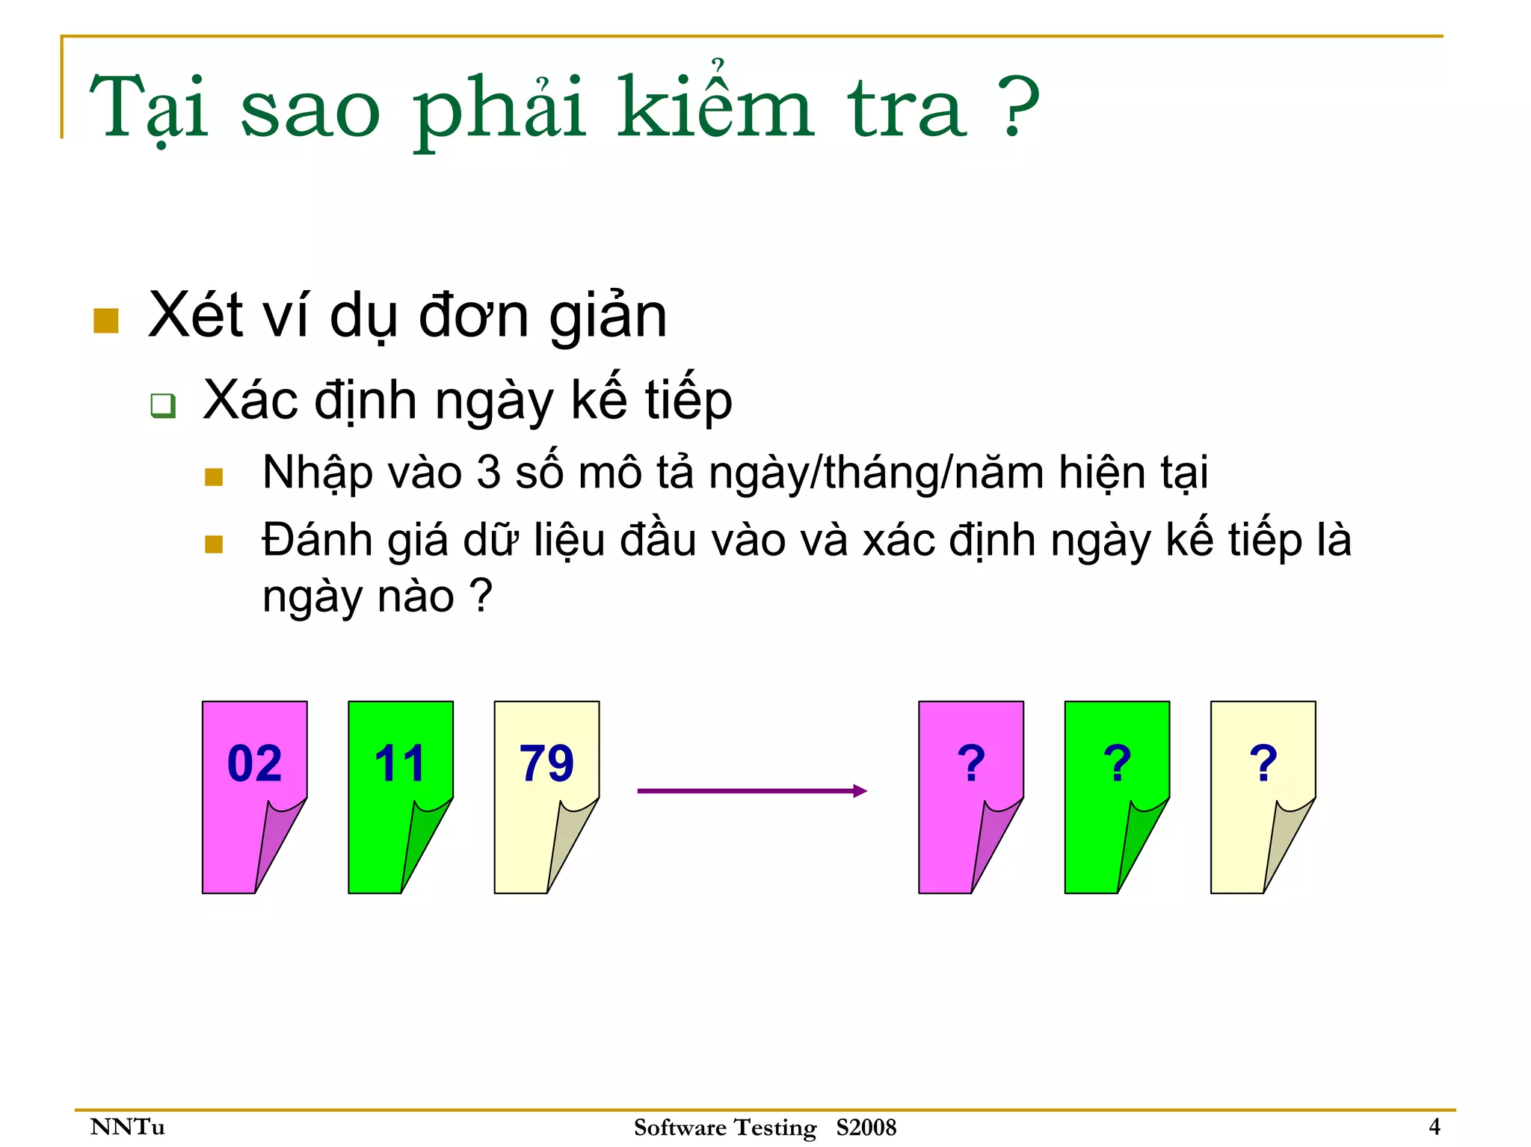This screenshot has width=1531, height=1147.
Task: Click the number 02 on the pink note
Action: pyautogui.click(x=254, y=763)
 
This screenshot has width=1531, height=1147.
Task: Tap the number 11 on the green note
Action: pyautogui.click(x=400, y=763)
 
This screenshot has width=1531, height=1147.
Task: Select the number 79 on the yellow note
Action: pyautogui.click(x=546, y=763)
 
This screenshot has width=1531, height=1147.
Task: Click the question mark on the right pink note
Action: pyautogui.click(x=971, y=763)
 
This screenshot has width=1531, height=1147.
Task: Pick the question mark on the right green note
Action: pyautogui.click(x=1117, y=763)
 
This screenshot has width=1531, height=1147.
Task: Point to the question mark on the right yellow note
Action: pyautogui.click(x=1263, y=763)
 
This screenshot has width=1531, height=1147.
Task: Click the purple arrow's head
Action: pyautogui.click(x=860, y=790)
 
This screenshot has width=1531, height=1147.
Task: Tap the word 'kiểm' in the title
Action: pyautogui.click(x=714, y=108)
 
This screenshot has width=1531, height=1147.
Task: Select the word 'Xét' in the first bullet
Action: pyautogui.click(x=196, y=316)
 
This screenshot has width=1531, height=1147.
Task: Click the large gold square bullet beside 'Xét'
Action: pyautogui.click(x=106, y=321)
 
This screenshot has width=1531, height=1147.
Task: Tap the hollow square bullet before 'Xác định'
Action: pyautogui.click(x=163, y=406)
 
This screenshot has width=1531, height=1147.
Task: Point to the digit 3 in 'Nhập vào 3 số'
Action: pyautogui.click(x=488, y=473)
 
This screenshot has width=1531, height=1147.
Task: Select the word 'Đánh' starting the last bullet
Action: pyautogui.click(x=317, y=540)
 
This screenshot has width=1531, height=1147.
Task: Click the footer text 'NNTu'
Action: pyautogui.click(x=127, y=1126)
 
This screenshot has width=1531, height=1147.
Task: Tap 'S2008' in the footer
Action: pyautogui.click(x=866, y=1127)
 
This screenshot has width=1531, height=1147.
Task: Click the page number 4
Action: pyautogui.click(x=1434, y=1126)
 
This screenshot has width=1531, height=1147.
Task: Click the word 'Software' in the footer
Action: pyautogui.click(x=680, y=1127)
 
